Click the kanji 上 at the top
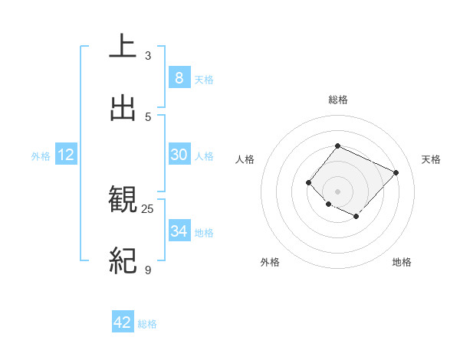pos(123,47)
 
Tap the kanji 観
pos(123,200)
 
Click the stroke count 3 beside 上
pos(148,56)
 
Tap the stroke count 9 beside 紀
pos(148,270)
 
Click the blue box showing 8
pos(179,77)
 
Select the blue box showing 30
pos(179,155)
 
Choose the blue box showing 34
pos(179,231)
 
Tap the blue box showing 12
pos(66,155)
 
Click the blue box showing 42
pos(123,322)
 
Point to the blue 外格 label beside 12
pos(41,156)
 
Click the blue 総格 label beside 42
pos(147,324)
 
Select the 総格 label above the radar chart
pos(337,100)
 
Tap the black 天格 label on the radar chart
pos(431,159)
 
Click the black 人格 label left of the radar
pos(245,159)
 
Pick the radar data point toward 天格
pos(396,172)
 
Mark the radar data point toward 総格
pos(337,146)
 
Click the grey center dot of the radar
pos(337,191)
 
